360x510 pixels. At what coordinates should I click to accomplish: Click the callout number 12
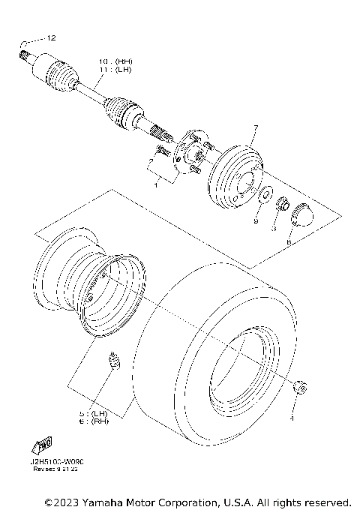point(51,37)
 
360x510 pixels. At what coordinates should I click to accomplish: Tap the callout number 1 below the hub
point(155,182)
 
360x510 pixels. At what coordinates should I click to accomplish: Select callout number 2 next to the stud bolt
point(151,160)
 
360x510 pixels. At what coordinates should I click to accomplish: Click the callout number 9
point(256,223)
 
